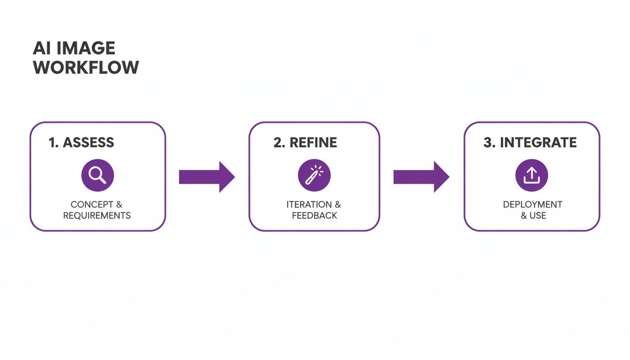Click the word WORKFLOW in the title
point(86,67)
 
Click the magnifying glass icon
point(97,175)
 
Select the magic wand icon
point(314,175)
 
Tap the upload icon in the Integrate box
point(532,175)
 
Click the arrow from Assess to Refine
point(207,177)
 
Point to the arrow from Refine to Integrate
point(421,177)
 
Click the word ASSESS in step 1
point(88,142)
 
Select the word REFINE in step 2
point(313,142)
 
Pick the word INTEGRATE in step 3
point(538,142)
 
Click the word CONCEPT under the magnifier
point(92,205)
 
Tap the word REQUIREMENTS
point(97,216)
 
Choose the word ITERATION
point(309,205)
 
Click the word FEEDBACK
point(314,216)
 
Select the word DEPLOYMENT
point(532,205)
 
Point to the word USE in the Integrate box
point(538,216)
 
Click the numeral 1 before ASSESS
point(52,142)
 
